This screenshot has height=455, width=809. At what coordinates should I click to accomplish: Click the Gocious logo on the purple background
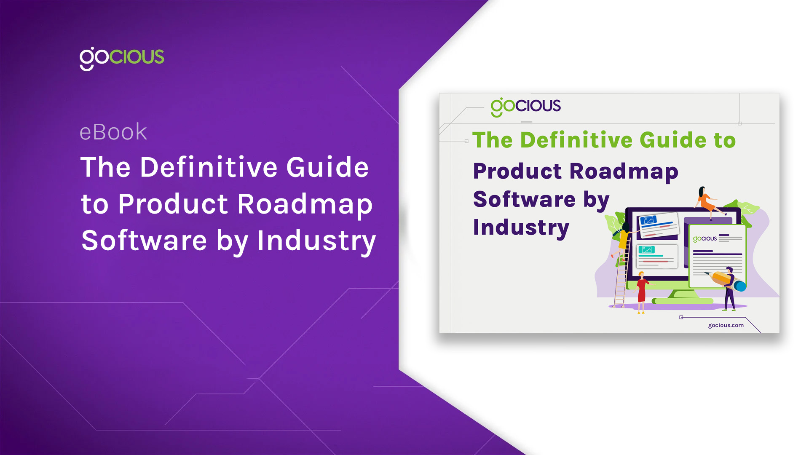(x=122, y=58)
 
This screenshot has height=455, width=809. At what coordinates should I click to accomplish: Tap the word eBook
(x=113, y=132)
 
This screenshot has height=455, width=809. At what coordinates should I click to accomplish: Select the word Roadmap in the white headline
(x=305, y=204)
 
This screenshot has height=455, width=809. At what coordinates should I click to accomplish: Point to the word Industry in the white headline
(x=316, y=241)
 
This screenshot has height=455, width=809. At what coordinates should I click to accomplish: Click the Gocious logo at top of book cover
(x=525, y=106)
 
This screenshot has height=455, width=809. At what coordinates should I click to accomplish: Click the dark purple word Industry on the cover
(x=521, y=227)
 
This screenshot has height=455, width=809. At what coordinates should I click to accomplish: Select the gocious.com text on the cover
(x=726, y=325)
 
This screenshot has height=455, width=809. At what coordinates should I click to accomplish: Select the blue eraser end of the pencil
(x=740, y=286)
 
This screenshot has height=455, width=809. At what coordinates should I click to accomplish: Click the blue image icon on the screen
(x=648, y=220)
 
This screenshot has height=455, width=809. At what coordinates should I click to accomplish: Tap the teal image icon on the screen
(x=646, y=250)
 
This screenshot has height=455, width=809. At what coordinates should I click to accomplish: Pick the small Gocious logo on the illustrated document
(x=705, y=239)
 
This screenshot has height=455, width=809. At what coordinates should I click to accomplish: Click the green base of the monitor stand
(x=683, y=301)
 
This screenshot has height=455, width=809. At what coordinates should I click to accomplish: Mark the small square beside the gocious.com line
(x=681, y=317)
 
